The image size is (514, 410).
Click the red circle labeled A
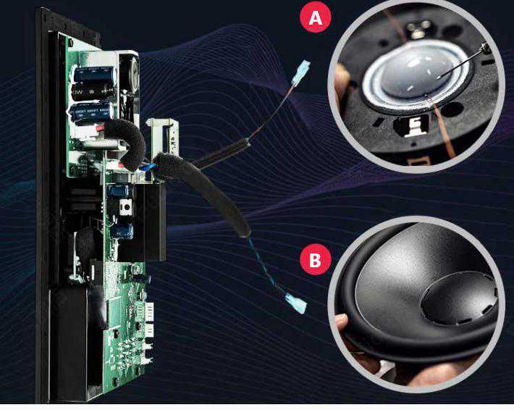316,17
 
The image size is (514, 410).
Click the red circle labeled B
316,259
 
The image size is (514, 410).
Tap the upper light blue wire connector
302,72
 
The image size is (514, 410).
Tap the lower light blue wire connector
296,303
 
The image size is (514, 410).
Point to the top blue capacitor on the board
94,74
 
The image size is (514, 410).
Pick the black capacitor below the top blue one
93,91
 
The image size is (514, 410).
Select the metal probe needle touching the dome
462,62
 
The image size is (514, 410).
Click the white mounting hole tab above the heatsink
125,208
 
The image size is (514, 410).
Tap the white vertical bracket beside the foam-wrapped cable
163,135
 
